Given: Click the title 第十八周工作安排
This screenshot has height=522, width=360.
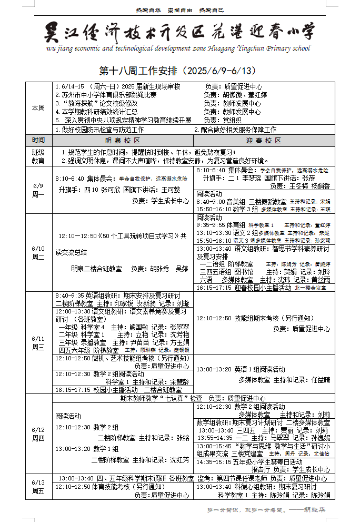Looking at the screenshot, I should [179, 71].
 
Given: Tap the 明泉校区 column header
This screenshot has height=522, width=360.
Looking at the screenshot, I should [123, 141].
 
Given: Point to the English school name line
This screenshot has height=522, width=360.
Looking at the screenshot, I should [179, 48].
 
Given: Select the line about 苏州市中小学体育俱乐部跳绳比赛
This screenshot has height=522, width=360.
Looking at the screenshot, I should [108, 95].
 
